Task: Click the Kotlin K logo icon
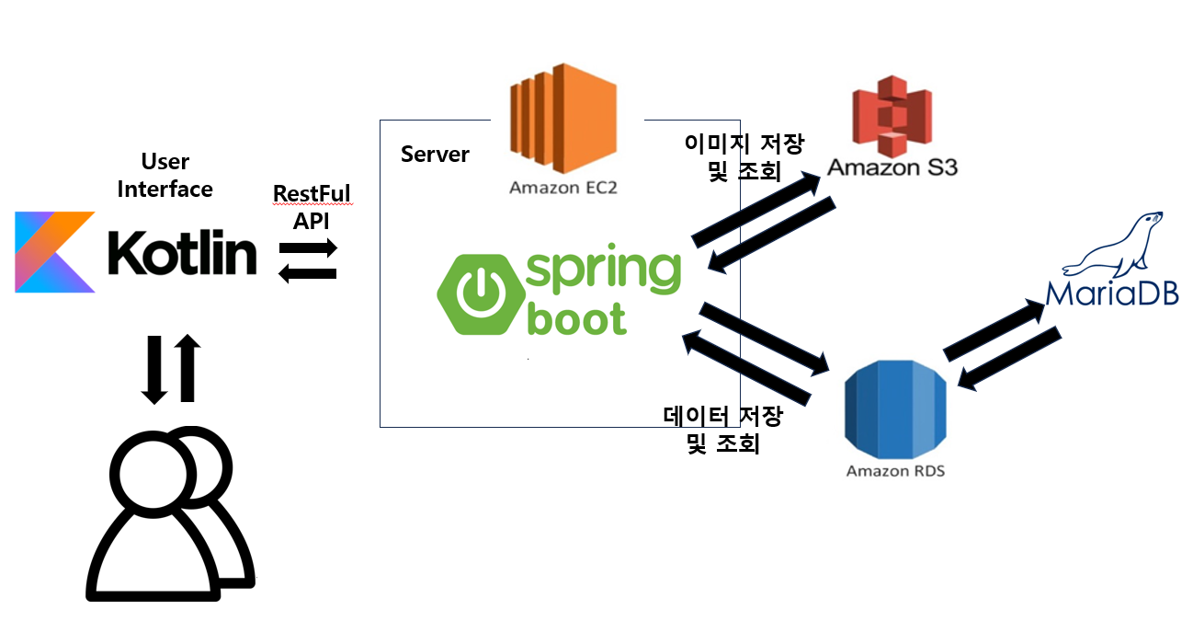pyautogui.click(x=54, y=251)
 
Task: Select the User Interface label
pyautogui.click(x=165, y=176)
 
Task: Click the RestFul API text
pyautogui.click(x=312, y=208)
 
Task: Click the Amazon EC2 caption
pyautogui.click(x=562, y=189)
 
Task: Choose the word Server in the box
pyautogui.click(x=435, y=154)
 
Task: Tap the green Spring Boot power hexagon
pyautogui.click(x=478, y=293)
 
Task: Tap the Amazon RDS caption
pyautogui.click(x=895, y=471)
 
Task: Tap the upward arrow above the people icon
pyautogui.click(x=187, y=367)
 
